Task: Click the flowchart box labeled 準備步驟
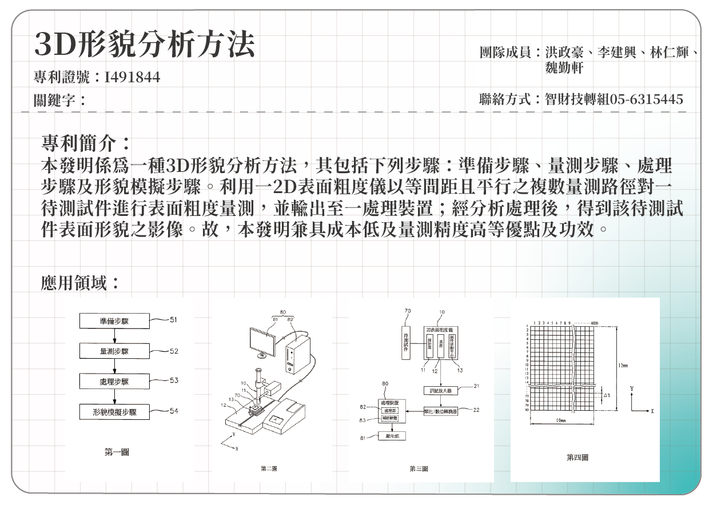click(114, 321)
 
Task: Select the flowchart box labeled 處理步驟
click(114, 381)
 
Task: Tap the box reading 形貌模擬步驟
click(114, 411)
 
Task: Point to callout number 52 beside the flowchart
click(173, 351)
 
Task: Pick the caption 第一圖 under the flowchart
click(116, 452)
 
